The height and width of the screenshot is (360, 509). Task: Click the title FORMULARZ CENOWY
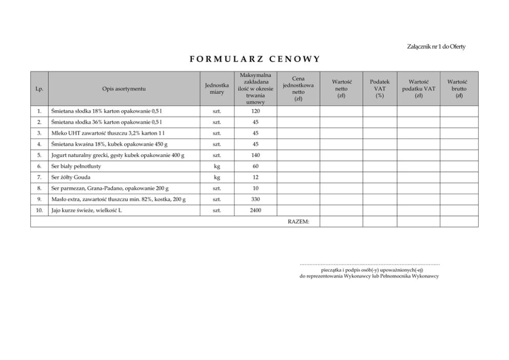pos(254,58)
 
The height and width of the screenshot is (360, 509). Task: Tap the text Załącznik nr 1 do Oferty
pos(436,47)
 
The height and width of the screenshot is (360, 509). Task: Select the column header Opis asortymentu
pos(124,89)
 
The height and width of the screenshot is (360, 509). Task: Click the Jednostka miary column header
pos(217,89)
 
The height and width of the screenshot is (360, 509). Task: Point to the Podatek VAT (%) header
pos(380,89)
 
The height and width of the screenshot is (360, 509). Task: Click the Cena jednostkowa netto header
pos(298,89)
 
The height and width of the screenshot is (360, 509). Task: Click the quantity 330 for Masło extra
pos(255,199)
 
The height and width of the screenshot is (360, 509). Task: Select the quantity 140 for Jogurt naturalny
pos(255,155)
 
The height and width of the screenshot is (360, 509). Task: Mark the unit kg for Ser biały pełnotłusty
pos(217,167)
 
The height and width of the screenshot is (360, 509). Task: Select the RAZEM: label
pos(298,222)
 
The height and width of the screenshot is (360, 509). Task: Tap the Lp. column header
pos(39,89)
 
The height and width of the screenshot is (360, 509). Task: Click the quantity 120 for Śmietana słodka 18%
pos(255,111)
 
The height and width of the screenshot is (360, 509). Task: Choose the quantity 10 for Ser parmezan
pos(255,189)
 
